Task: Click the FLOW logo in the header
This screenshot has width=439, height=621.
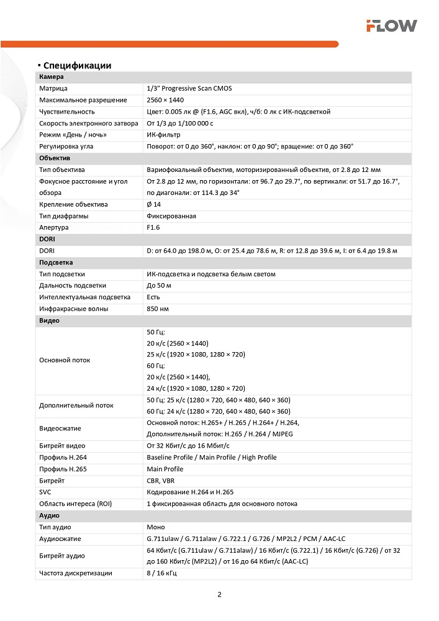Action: pyautogui.click(x=391, y=25)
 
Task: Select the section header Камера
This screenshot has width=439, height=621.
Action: pyautogui.click(x=52, y=77)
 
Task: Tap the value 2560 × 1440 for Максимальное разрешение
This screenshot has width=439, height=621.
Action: pyautogui.click(x=165, y=100)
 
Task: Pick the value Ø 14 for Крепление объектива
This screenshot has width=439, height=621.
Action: pyautogui.click(x=153, y=204)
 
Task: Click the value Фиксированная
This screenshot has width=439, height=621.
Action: pyautogui.click(x=171, y=216)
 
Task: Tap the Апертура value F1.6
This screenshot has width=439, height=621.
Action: pyautogui.click(x=153, y=228)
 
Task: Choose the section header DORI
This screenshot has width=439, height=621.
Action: pyautogui.click(x=47, y=239)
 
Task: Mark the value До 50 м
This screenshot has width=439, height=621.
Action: pyautogui.click(x=159, y=286)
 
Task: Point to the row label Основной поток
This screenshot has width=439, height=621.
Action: pyautogui.click(x=65, y=360)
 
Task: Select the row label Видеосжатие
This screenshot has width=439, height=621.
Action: pyautogui.click(x=60, y=428)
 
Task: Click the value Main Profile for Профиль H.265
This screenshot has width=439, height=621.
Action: pyautogui.click(x=165, y=469)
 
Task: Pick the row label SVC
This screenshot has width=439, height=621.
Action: pyautogui.click(x=45, y=492)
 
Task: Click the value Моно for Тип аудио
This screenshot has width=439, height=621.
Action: pyautogui.click(x=155, y=527)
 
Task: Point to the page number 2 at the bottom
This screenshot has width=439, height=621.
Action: pyautogui.click(x=219, y=594)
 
